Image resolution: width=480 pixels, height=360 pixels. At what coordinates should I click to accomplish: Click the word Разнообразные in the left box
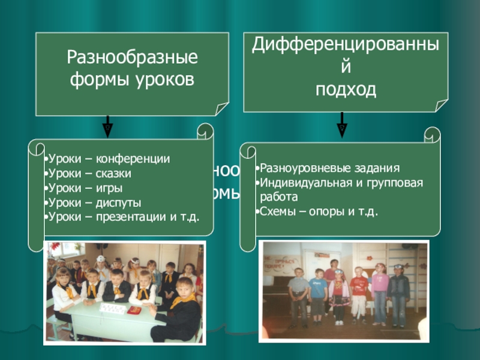[132, 59]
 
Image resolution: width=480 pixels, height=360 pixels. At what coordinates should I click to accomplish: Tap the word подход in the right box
[346, 90]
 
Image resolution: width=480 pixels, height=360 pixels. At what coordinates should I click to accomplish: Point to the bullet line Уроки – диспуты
[95, 203]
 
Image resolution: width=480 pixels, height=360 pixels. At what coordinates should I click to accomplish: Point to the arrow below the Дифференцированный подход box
[341, 125]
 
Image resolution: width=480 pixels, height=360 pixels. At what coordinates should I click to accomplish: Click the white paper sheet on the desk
[112, 308]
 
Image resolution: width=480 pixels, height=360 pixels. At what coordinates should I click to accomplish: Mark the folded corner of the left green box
[221, 109]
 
